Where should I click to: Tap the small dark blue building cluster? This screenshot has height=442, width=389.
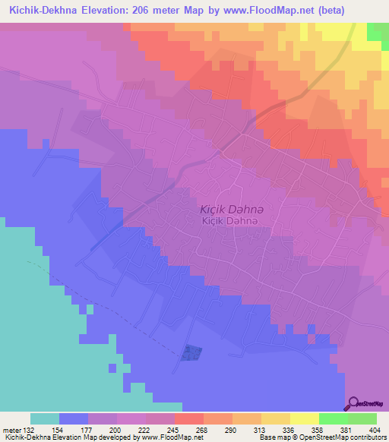click(x=193, y=352)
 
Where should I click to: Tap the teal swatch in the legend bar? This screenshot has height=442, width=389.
click(x=44, y=418)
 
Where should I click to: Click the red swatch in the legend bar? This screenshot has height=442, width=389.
click(x=188, y=418)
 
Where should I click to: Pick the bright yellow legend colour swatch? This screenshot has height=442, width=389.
click(x=304, y=418)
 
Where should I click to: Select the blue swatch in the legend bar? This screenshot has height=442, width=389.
click(x=73, y=418)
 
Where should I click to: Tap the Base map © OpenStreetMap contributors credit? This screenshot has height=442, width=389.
click(x=321, y=437)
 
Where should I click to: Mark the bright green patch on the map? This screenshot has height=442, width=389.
click(x=378, y=31)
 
